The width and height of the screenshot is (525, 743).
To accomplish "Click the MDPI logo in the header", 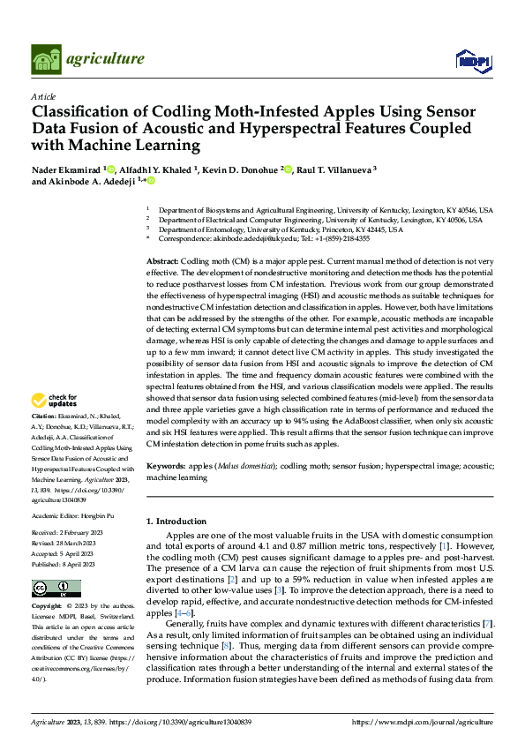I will tap(471, 60).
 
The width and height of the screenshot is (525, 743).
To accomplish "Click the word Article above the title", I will tap(43, 96).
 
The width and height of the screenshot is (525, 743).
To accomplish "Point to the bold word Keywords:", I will tap(166, 465).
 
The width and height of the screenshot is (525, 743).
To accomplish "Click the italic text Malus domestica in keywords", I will tap(244, 465).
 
